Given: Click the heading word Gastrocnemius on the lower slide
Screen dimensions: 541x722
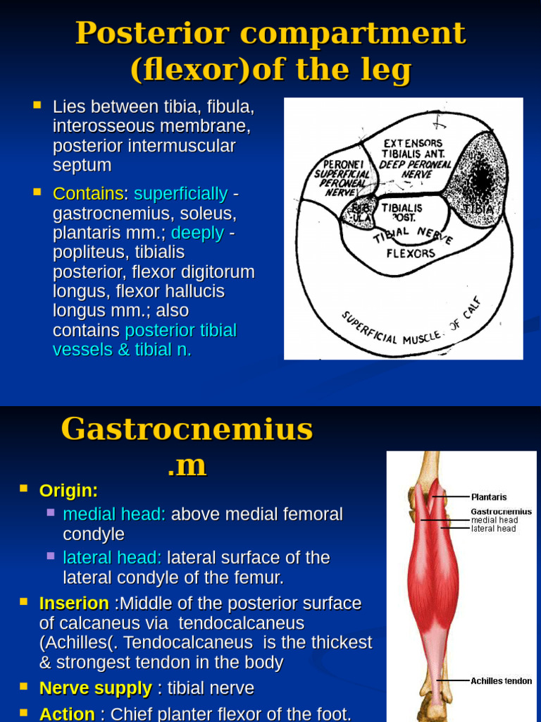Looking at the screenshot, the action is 187,429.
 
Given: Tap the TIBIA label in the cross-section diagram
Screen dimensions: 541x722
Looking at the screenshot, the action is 478,209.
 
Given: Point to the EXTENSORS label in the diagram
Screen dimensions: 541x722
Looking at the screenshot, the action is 413,143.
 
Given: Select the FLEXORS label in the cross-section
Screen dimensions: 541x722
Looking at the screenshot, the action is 411,253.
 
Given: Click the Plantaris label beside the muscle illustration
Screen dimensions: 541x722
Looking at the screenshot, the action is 489,497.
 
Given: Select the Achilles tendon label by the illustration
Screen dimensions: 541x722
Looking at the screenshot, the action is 502,680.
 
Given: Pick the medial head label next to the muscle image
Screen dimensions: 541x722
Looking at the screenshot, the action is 495,520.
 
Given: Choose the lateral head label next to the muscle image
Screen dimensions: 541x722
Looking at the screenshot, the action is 493,529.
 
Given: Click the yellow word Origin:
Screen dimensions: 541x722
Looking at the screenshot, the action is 68,491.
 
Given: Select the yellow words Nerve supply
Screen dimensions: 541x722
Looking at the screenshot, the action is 95,688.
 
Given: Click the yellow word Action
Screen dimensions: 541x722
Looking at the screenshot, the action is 67,714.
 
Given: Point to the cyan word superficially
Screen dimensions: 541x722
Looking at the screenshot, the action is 180,194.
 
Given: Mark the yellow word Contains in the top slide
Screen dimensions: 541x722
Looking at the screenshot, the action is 88,194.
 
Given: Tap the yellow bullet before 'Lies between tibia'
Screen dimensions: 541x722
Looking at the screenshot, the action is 37,106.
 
